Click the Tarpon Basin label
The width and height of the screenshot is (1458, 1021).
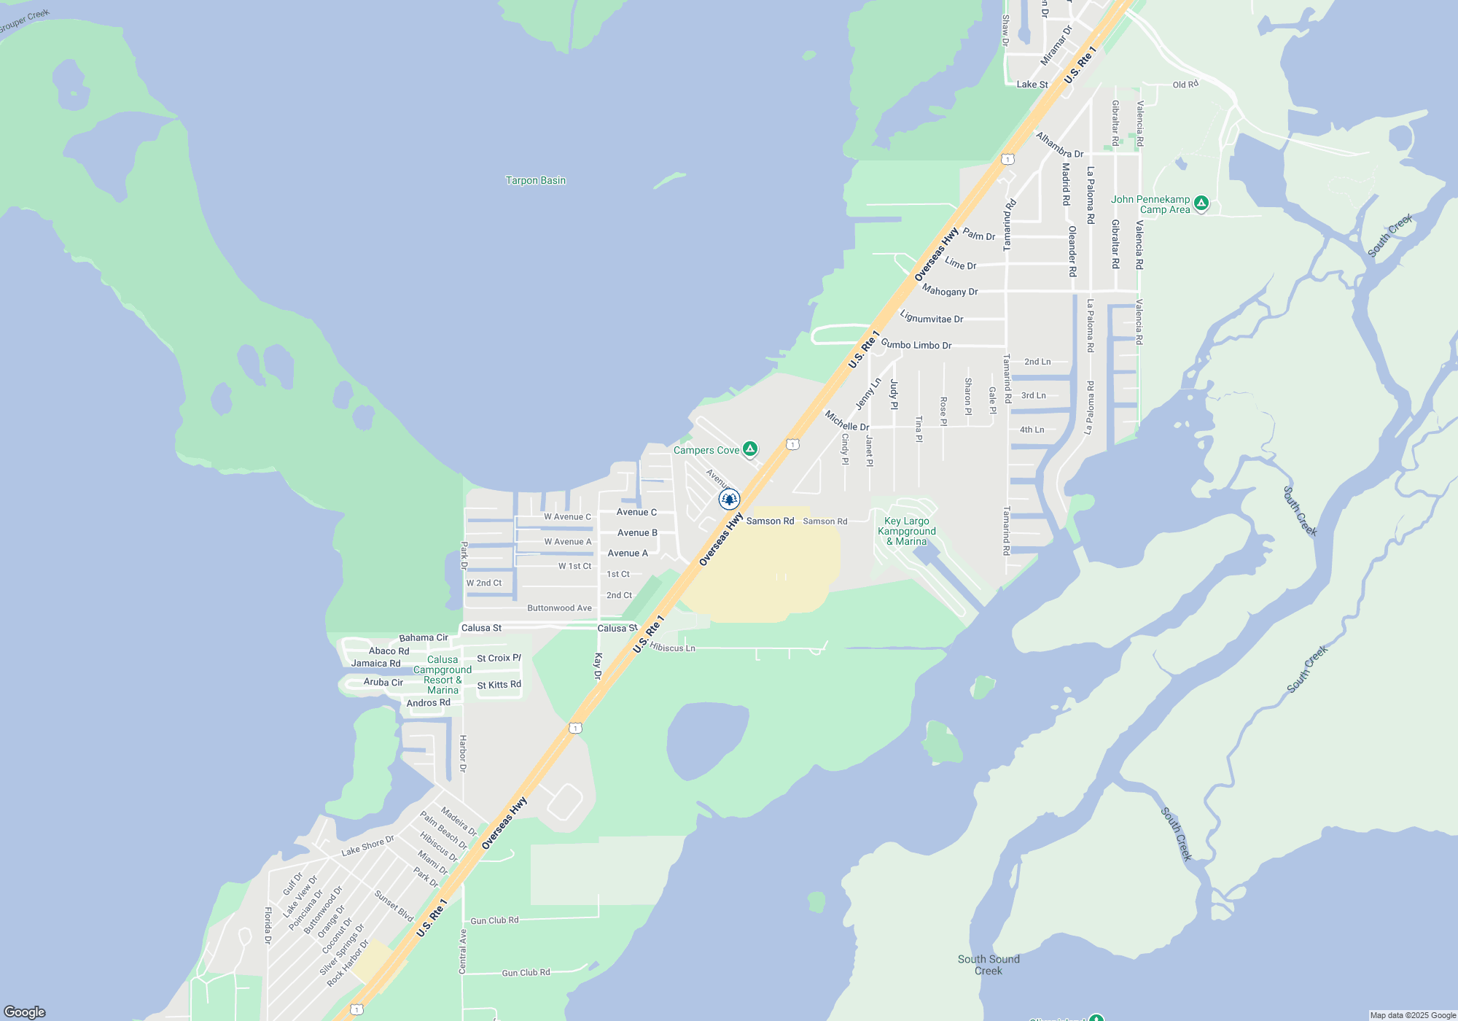pyautogui.click(x=536, y=180)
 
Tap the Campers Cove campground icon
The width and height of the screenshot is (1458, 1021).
pyautogui.click(x=749, y=449)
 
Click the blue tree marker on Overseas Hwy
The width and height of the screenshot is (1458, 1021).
pyautogui.click(x=729, y=499)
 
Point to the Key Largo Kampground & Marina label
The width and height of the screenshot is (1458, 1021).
pyautogui.click(x=907, y=531)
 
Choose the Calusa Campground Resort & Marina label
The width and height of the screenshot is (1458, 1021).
pyautogui.click(x=443, y=675)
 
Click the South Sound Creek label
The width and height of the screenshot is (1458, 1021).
pyautogui.click(x=989, y=964)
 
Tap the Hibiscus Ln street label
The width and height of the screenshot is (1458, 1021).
pyautogui.click(x=672, y=648)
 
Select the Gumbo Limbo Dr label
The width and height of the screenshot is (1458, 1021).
pyautogui.click(x=916, y=344)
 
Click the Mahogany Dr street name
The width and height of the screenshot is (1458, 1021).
pyautogui.click(x=950, y=290)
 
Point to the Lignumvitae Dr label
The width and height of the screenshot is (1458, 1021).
pyautogui.click(x=932, y=317)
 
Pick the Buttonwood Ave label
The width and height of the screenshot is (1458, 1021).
pyautogui.click(x=559, y=607)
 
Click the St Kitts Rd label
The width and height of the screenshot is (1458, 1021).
pyautogui.click(x=499, y=685)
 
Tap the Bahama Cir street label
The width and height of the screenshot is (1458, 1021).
pyautogui.click(x=424, y=637)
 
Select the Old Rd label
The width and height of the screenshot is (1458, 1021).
pyautogui.click(x=1185, y=85)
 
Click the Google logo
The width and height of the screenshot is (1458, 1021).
pyautogui.click(x=25, y=1012)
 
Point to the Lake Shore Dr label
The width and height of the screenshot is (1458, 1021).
pyautogui.click(x=367, y=845)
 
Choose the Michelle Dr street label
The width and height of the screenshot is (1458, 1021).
pyautogui.click(x=846, y=421)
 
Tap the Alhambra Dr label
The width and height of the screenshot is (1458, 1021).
pyautogui.click(x=1059, y=144)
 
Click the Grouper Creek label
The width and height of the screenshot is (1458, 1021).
pyautogui.click(x=24, y=21)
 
